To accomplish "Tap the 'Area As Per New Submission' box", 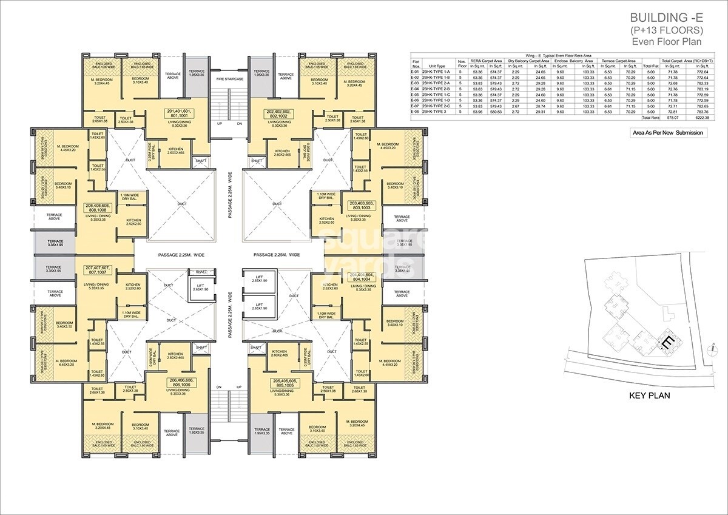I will coord(669,133).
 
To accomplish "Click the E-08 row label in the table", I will coord(416,112).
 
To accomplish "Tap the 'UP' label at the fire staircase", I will coord(220,124).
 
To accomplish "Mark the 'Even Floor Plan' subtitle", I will coord(667,42).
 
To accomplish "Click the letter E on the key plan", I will coord(667,343).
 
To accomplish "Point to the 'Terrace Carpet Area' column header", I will coord(618,61).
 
